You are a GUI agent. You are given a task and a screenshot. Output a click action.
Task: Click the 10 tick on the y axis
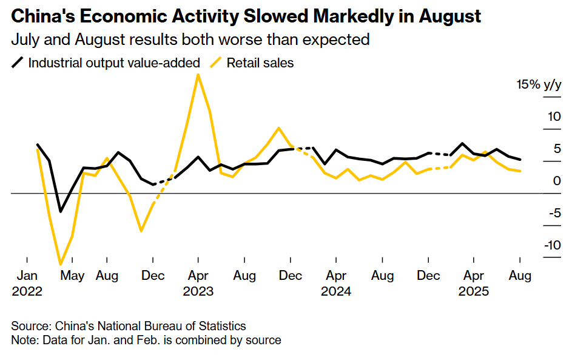(x=553, y=116)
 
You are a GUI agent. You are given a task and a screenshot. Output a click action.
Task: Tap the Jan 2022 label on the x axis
(x=27, y=283)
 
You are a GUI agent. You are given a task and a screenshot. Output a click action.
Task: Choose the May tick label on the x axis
(x=73, y=276)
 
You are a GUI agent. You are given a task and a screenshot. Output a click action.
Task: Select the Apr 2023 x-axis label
(x=198, y=283)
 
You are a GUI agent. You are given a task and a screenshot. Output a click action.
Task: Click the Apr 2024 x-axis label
(x=335, y=283)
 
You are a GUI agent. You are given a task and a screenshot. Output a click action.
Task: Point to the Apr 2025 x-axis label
(x=473, y=283)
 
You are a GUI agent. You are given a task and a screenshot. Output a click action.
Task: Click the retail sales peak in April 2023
(x=198, y=75)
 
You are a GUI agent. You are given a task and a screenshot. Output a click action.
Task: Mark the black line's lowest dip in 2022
(x=61, y=211)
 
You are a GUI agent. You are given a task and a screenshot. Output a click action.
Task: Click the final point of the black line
(x=520, y=160)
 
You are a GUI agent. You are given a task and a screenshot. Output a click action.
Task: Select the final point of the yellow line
(x=520, y=171)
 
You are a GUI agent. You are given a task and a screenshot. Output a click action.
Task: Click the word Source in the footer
(x=30, y=326)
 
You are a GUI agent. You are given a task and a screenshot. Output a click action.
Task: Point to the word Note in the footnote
(x=24, y=340)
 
